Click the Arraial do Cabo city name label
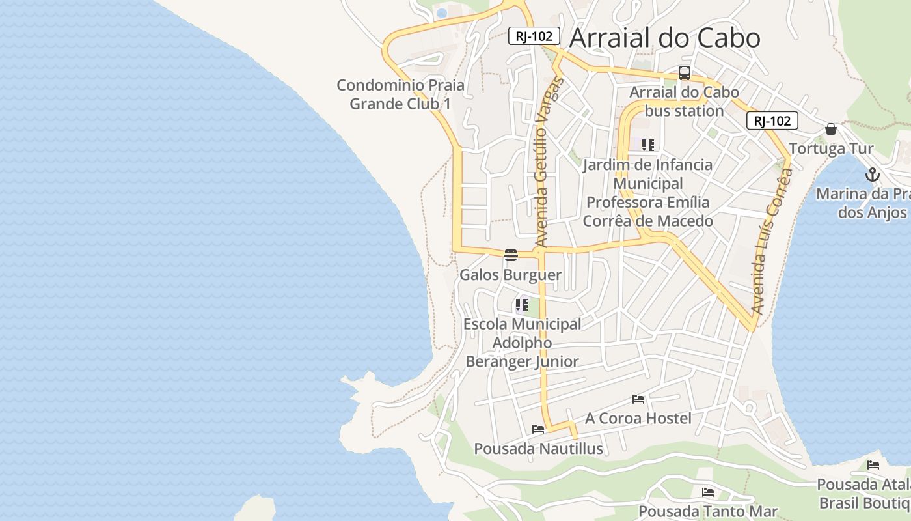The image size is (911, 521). coord(664,38)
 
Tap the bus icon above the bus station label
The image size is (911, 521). coord(684,73)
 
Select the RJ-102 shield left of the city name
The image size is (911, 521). coord(534,36)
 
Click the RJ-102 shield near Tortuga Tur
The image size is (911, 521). coord(772,120)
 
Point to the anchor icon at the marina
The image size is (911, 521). coord(872,175)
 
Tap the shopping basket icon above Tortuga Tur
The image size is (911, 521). coord(830,129)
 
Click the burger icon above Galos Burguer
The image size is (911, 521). coord(511,255)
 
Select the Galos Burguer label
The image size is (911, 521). coord(510,275)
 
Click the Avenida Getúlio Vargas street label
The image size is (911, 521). coord(549,163)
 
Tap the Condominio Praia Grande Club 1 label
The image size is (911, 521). coord(401,94)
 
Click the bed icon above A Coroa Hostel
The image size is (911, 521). coord(638,399)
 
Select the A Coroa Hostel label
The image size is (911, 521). coord(638,418)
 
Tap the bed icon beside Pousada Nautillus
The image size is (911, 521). coord(538,429)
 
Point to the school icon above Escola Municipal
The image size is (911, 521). coord(521,304)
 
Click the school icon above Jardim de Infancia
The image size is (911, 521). coord(647,145)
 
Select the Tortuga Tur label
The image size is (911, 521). coord(831,148)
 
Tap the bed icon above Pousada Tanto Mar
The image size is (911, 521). coord(708,492)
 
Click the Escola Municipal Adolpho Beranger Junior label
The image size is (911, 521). coord(522,343)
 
